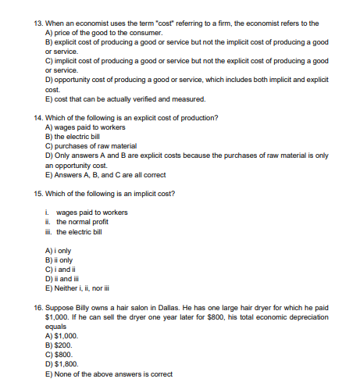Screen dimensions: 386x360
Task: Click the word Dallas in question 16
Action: click(x=178, y=308)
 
